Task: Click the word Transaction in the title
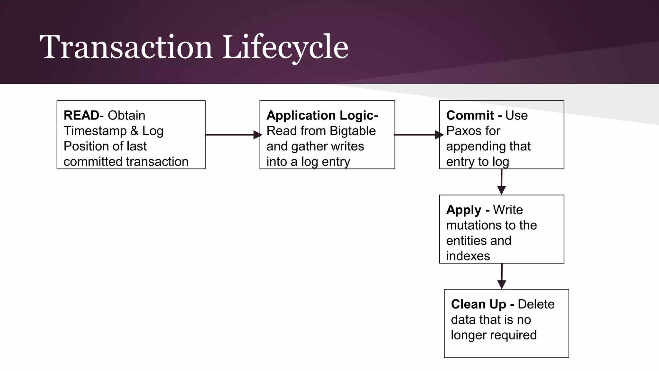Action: tap(126, 47)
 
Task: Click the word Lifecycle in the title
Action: tap(285, 47)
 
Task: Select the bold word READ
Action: tap(81, 115)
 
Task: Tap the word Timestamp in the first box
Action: tap(95, 131)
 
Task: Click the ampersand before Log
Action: tap(135, 131)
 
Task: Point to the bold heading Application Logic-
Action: tap(322, 115)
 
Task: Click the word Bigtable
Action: tap(353, 131)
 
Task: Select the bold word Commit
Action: tap(470, 115)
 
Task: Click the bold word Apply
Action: tap(463, 210)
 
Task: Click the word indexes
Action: tap(468, 256)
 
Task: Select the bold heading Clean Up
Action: tap(478, 304)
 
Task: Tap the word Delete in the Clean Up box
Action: tap(536, 304)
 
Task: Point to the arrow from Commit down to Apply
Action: tap(501, 182)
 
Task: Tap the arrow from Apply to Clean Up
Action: tap(502, 276)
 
